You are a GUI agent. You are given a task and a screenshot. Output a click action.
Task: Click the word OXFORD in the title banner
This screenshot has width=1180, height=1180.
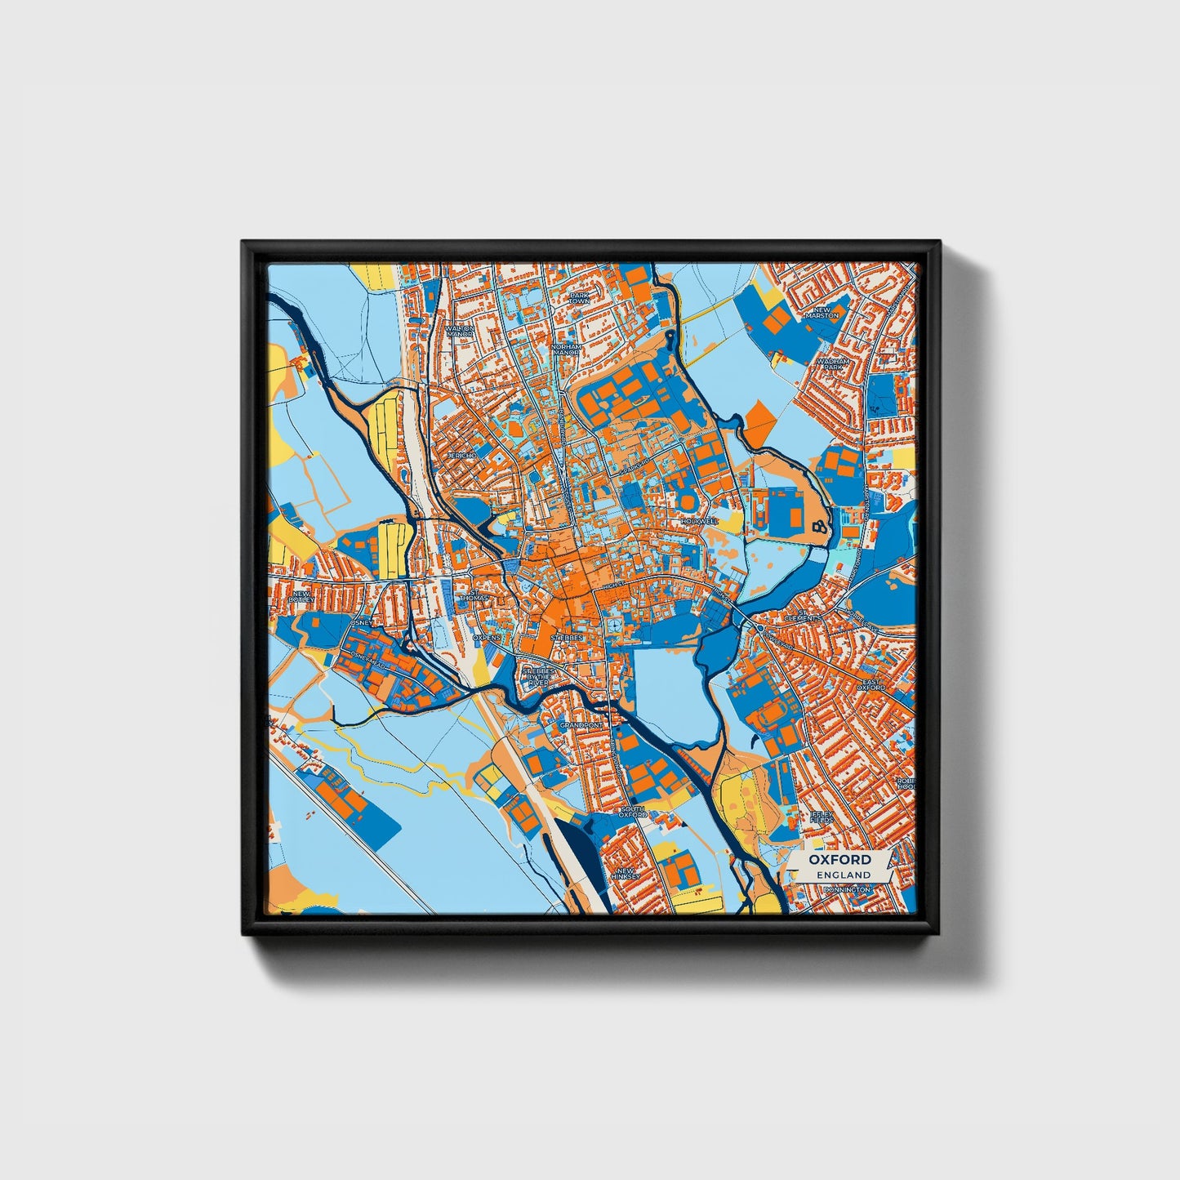(840, 860)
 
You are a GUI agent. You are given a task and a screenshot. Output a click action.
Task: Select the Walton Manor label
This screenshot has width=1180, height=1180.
(460, 332)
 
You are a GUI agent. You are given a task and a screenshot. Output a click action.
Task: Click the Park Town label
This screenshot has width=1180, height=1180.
(579, 298)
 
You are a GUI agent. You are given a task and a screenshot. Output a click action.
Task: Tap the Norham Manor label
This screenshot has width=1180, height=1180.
(566, 349)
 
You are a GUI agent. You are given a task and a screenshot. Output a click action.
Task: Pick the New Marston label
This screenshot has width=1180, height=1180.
(822, 312)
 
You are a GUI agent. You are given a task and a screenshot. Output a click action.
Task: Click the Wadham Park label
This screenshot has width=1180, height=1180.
(837, 363)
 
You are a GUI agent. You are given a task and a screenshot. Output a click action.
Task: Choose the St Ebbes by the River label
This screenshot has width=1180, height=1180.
(539, 675)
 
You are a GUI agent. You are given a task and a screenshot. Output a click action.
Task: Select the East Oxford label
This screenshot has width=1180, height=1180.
(871, 684)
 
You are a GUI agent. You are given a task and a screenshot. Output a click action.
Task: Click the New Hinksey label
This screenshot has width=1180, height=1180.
(627, 875)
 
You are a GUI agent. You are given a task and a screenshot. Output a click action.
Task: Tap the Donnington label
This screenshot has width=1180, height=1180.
(847, 888)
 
